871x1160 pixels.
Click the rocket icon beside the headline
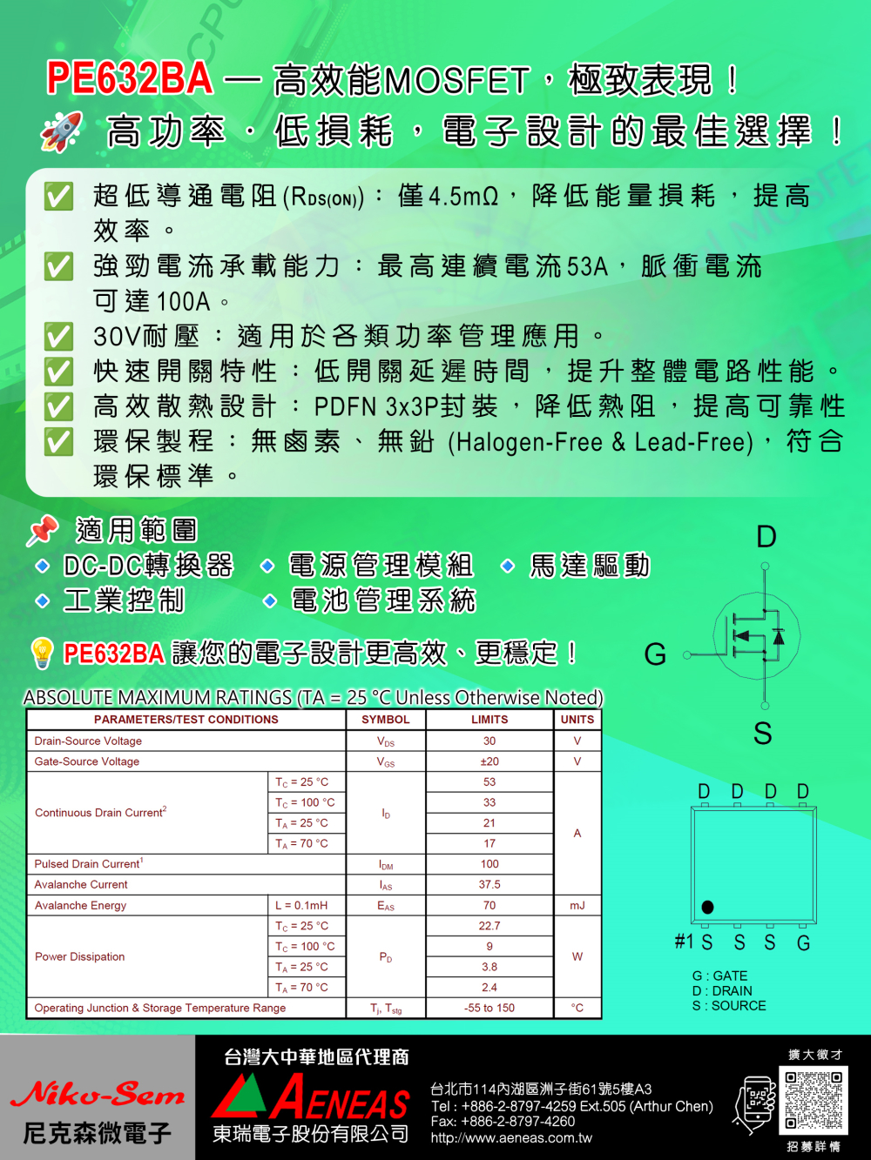pyautogui.click(x=61, y=131)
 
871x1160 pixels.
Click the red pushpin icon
pyautogui.click(x=42, y=530)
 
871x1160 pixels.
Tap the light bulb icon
pyautogui.click(x=42, y=653)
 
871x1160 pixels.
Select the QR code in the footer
pyautogui.click(x=814, y=1100)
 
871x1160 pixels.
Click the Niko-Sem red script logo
pyautogui.click(x=98, y=1094)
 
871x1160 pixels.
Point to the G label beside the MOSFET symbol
pyautogui.click(x=655, y=654)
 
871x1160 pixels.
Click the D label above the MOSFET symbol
pyautogui.click(x=766, y=537)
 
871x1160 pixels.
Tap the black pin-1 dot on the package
pyautogui.click(x=707, y=908)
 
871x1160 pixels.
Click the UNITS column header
pyautogui.click(x=577, y=720)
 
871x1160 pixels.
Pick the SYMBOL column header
pyautogui.click(x=386, y=720)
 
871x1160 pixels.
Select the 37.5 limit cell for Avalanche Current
pyautogui.click(x=490, y=885)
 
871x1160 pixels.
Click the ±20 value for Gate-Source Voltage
pyautogui.click(x=490, y=761)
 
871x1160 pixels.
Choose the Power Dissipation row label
pyautogui.click(x=80, y=957)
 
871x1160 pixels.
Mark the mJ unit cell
pyautogui.click(x=577, y=906)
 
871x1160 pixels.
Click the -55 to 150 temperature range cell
pyautogui.click(x=490, y=1009)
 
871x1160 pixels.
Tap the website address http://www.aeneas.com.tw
pyautogui.click(x=511, y=1138)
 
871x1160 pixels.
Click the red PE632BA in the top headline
pyautogui.click(x=129, y=78)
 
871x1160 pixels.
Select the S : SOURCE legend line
pyautogui.click(x=729, y=1006)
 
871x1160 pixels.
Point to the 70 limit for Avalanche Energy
pyautogui.click(x=490, y=906)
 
